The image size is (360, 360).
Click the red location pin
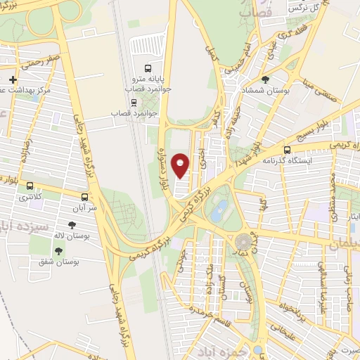pos(181,165)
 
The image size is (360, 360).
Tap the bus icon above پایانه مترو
pos(148,69)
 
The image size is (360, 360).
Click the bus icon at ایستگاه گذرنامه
pos(287,150)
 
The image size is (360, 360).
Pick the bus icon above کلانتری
pos(30,186)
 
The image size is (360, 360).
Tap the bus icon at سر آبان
pos(85,197)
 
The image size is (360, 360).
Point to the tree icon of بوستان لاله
pos(71,224)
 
